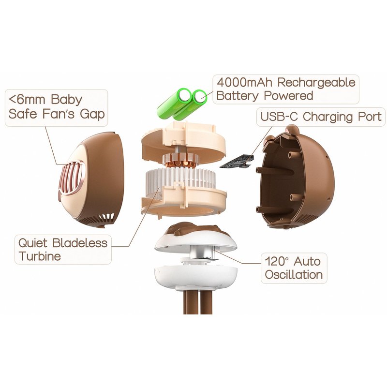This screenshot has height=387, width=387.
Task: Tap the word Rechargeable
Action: (316, 83)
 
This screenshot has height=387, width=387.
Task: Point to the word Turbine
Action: (40, 256)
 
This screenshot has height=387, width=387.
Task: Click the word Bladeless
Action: (80, 243)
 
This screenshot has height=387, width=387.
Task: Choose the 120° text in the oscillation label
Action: (275, 261)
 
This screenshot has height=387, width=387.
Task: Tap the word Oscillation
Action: (294, 275)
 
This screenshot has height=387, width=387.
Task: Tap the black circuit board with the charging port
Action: (236, 162)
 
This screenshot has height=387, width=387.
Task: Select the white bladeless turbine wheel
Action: (180, 177)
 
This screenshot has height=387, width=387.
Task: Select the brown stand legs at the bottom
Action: (198, 301)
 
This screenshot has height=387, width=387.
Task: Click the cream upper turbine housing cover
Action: (184, 141)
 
